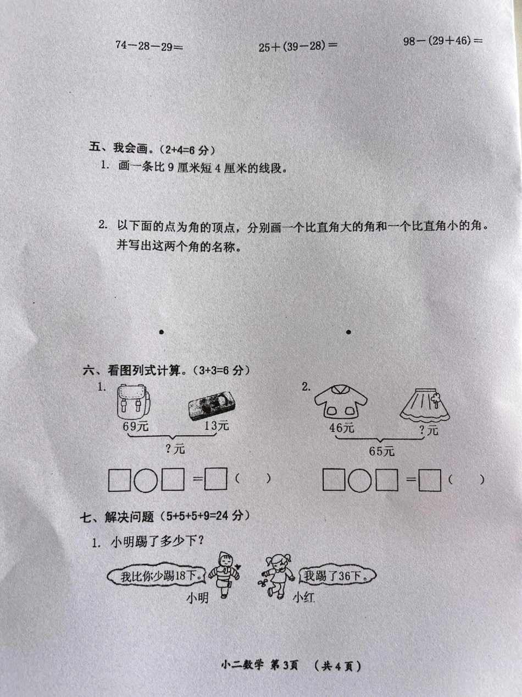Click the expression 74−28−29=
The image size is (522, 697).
[149, 46]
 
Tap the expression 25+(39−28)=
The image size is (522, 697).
[298, 47]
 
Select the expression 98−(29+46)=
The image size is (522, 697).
[443, 41]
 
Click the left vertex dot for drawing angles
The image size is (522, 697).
[162, 332]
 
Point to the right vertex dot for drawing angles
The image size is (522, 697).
[348, 332]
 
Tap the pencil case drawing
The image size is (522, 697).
[213, 406]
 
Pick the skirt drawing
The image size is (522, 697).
[425, 404]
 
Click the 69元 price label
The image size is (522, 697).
[136, 426]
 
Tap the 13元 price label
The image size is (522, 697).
[216, 425]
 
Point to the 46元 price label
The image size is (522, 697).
[341, 428]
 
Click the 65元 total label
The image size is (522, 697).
[381, 451]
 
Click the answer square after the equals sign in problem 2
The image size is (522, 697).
[430, 480]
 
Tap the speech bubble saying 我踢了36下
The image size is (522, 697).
[337, 575]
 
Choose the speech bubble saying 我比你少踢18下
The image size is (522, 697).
[157, 577]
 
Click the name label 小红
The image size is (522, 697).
[303, 598]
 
